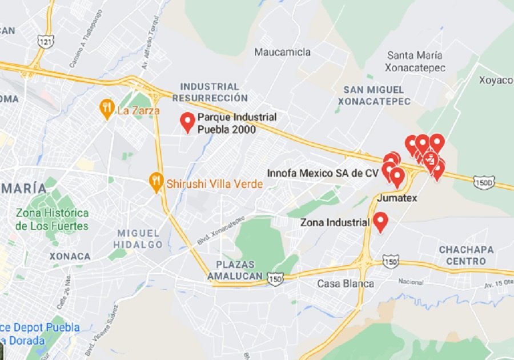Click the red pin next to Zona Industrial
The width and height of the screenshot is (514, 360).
380,222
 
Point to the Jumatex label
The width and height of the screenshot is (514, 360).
397,198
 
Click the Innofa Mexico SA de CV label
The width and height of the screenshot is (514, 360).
323,173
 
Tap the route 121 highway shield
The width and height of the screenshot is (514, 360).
45,41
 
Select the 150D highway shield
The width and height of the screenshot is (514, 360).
484,183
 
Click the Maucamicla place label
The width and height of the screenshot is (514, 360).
283,53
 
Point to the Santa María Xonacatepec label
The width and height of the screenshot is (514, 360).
415,62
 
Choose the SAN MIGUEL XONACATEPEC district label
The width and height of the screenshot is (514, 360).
374,95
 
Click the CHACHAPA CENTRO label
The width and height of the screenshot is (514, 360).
463,255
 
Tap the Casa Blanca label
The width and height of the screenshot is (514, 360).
346,283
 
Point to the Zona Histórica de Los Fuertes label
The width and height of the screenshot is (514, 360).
53,219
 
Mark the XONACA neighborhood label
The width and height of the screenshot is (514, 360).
70,257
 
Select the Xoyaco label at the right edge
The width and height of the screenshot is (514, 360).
496,80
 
